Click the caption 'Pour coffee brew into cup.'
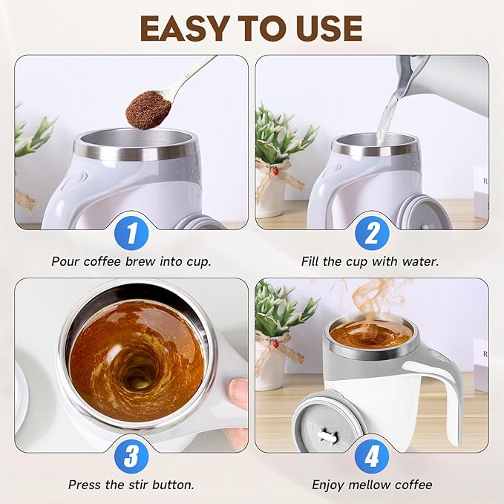(x=131, y=261)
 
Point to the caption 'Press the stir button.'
(x=131, y=484)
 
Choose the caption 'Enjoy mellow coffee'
(x=372, y=484)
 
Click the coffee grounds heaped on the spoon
(x=148, y=110)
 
